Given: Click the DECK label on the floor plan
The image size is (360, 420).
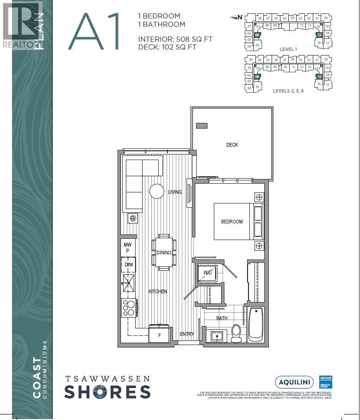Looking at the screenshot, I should pyautogui.click(x=232, y=145).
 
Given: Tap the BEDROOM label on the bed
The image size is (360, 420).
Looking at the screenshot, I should pyautogui.click(x=231, y=222).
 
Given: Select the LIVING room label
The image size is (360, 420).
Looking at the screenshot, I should pyautogui.click(x=174, y=192).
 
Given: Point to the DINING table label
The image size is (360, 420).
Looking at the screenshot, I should pyautogui.click(x=164, y=253).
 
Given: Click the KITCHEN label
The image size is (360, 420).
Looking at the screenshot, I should pyautogui.click(x=157, y=291).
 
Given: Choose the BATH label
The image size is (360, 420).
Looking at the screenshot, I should pyautogui.click(x=222, y=318).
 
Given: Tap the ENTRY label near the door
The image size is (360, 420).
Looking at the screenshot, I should pyautogui.click(x=187, y=334).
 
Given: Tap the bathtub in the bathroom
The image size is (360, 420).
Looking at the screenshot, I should pyautogui.click(x=256, y=324).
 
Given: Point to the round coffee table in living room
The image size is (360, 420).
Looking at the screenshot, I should pyautogui.click(x=157, y=191).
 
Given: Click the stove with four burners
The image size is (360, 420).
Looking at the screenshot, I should pyautogui.click(x=129, y=308).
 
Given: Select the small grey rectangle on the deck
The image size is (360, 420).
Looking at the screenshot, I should pyautogui.click(x=201, y=125).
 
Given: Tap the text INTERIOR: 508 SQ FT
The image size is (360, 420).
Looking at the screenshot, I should pyautogui.click(x=175, y=39).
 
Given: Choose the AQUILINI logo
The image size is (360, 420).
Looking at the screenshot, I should pyautogui.click(x=294, y=382).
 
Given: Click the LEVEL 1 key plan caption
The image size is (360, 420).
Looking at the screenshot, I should pyautogui.click(x=288, y=49).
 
